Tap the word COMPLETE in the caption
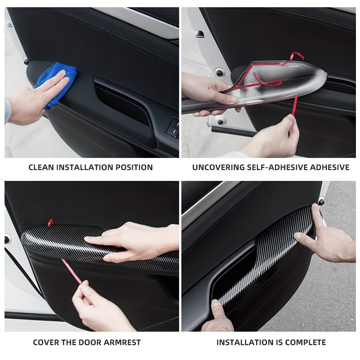tap(305, 342)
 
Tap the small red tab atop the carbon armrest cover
tap(50, 222)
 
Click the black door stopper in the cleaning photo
tap(27, 62)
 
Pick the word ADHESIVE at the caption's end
tap(330, 167)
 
